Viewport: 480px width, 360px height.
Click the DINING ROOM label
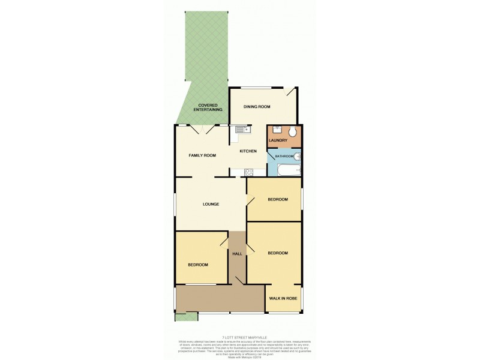[x=257, y=107]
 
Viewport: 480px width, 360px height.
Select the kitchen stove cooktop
[x=248, y=172]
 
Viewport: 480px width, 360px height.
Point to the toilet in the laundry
[x=292, y=132]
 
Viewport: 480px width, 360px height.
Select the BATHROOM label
[x=284, y=157]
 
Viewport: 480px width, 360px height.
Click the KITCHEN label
[x=248, y=151]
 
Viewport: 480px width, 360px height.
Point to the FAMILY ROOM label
[x=202, y=155]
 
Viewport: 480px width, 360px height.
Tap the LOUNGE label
[x=210, y=204]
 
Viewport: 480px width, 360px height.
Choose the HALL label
[x=237, y=254]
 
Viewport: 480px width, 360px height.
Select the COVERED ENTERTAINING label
[x=208, y=108]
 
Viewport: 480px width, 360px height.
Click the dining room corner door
[x=291, y=92]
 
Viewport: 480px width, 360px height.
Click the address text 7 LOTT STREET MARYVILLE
[x=239, y=337]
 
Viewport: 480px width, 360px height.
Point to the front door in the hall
[x=239, y=280]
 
